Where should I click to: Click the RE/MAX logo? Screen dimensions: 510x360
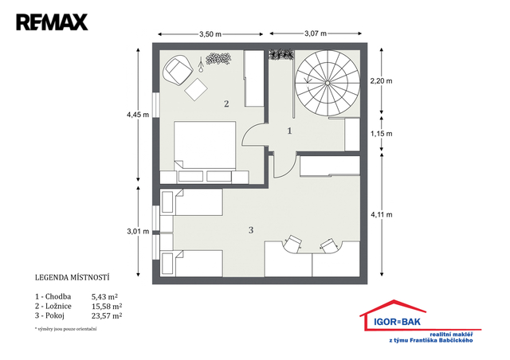tap(52, 22)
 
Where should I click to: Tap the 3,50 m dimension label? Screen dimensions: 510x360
tap(210, 34)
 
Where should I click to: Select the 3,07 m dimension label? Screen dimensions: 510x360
tap(316, 33)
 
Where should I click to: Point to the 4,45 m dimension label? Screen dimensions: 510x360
tap(138, 115)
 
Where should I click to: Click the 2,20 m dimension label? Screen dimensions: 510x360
tap(381, 81)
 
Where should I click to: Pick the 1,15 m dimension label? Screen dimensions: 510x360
tap(381, 134)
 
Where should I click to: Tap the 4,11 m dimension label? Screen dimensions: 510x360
tap(382, 214)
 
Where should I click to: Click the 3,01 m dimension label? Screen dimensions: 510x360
tap(138, 232)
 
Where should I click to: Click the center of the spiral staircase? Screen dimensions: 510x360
tap(328, 83)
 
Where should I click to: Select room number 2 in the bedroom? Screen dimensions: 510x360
tap(226, 104)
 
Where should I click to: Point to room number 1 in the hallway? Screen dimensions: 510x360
tap(289, 131)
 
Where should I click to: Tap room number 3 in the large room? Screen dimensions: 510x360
tap(251, 230)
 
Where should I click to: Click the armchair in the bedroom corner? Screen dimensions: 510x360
tap(177, 70)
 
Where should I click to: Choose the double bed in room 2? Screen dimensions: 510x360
tap(205, 146)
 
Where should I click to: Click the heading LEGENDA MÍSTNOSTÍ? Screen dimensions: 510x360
tap(72, 278)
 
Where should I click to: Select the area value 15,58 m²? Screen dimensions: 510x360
tap(107, 306)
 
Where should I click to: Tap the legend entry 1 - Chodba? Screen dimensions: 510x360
tap(53, 296)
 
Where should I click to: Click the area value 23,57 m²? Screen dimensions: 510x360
tap(107, 315)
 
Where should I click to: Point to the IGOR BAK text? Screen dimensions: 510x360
tap(397, 322)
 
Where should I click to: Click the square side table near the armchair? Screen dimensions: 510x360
tap(196, 89)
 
